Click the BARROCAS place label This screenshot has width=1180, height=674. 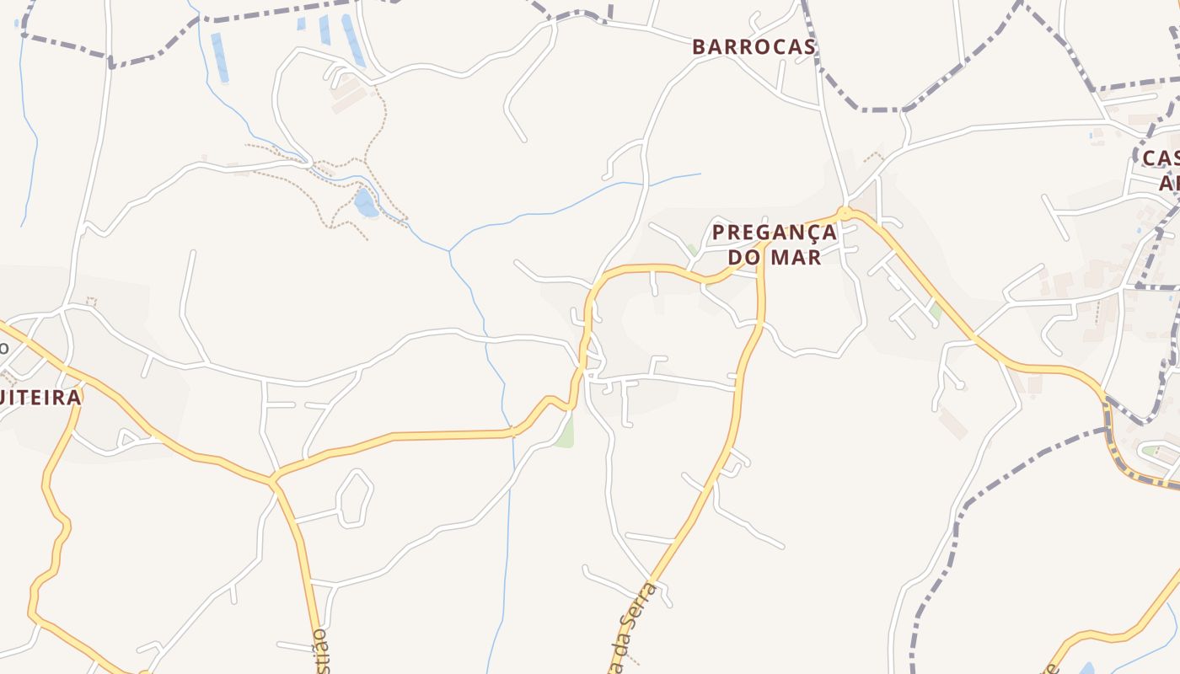754,47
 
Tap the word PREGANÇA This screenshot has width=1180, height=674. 774,233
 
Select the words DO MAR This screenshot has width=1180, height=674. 774,257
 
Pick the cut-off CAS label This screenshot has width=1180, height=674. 1161,158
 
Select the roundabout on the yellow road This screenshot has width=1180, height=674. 844,212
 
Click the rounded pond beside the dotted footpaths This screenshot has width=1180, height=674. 366,203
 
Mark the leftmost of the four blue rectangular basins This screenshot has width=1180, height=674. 219,57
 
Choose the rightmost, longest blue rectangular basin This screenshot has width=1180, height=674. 353,40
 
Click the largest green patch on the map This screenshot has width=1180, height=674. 565,432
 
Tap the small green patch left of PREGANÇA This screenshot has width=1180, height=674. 692,250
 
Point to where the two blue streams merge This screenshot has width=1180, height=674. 449,251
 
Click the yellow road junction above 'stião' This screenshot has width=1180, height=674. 272,481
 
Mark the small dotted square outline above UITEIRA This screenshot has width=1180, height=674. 91,302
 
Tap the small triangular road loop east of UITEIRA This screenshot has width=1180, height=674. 129,438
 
